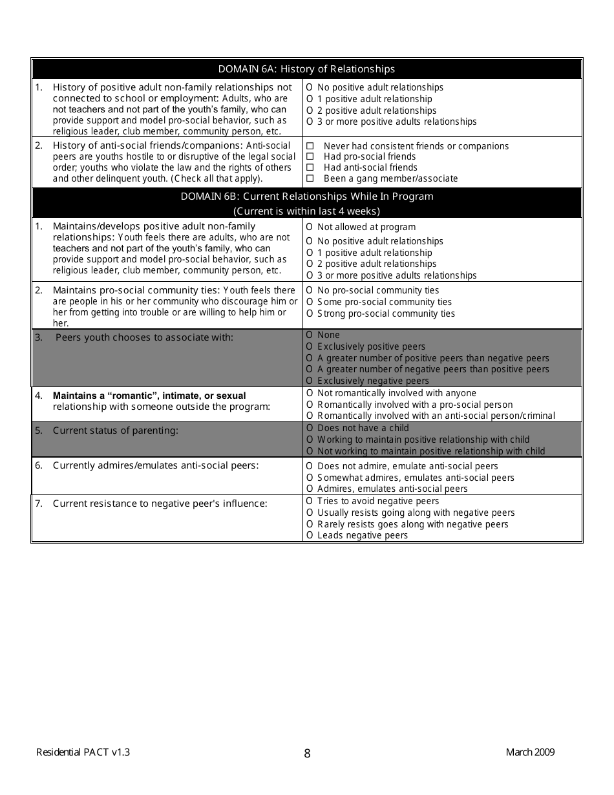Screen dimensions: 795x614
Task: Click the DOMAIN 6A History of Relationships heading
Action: pyautogui.click(x=306, y=69)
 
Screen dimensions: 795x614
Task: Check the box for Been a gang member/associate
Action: pyautogui.click(x=310, y=178)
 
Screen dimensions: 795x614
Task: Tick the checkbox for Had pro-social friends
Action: pyautogui.click(x=310, y=156)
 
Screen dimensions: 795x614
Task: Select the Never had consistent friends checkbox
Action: pyautogui.click(x=310, y=146)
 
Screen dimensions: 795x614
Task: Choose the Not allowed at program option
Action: pyautogui.click(x=310, y=227)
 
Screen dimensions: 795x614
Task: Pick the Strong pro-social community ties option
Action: pyautogui.click(x=310, y=313)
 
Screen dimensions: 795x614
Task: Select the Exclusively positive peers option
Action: pyautogui.click(x=310, y=346)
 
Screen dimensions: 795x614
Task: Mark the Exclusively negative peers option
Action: pyautogui.click(x=310, y=381)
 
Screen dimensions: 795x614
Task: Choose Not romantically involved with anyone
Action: pyautogui.click(x=310, y=393)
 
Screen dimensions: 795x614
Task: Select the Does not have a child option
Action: pyautogui.click(x=310, y=428)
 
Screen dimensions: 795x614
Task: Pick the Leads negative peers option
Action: pyautogui.click(x=310, y=535)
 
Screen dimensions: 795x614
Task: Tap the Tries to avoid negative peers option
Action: pyautogui.click(x=310, y=501)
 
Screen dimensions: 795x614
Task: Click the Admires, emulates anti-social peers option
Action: pyautogui.click(x=310, y=489)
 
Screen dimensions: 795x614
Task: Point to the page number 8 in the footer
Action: pyautogui.click(x=307, y=753)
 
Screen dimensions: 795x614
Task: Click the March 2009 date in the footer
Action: pyautogui.click(x=530, y=752)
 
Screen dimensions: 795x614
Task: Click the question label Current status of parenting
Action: pyautogui.click(x=115, y=430)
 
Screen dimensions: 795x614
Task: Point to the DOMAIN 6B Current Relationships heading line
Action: pyautogui.click(x=306, y=196)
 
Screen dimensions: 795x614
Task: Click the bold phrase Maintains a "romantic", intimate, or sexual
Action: pyautogui.click(x=149, y=396)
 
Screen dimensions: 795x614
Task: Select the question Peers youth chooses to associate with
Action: pyautogui.click(x=144, y=337)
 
